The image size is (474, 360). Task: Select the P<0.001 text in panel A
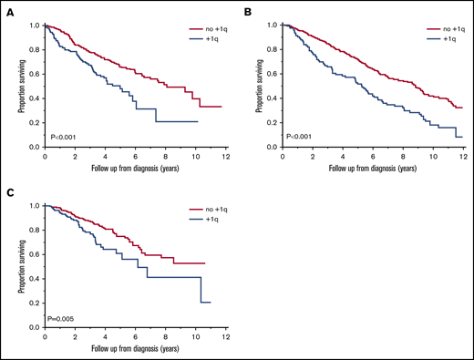[x=64, y=137]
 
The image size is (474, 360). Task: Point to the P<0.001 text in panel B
[x=304, y=137]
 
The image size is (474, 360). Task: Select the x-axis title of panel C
[x=134, y=349]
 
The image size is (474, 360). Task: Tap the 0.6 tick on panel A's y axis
[x=36, y=74]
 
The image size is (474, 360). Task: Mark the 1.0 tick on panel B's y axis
[x=275, y=26]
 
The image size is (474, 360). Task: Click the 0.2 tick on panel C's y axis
[x=36, y=303]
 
